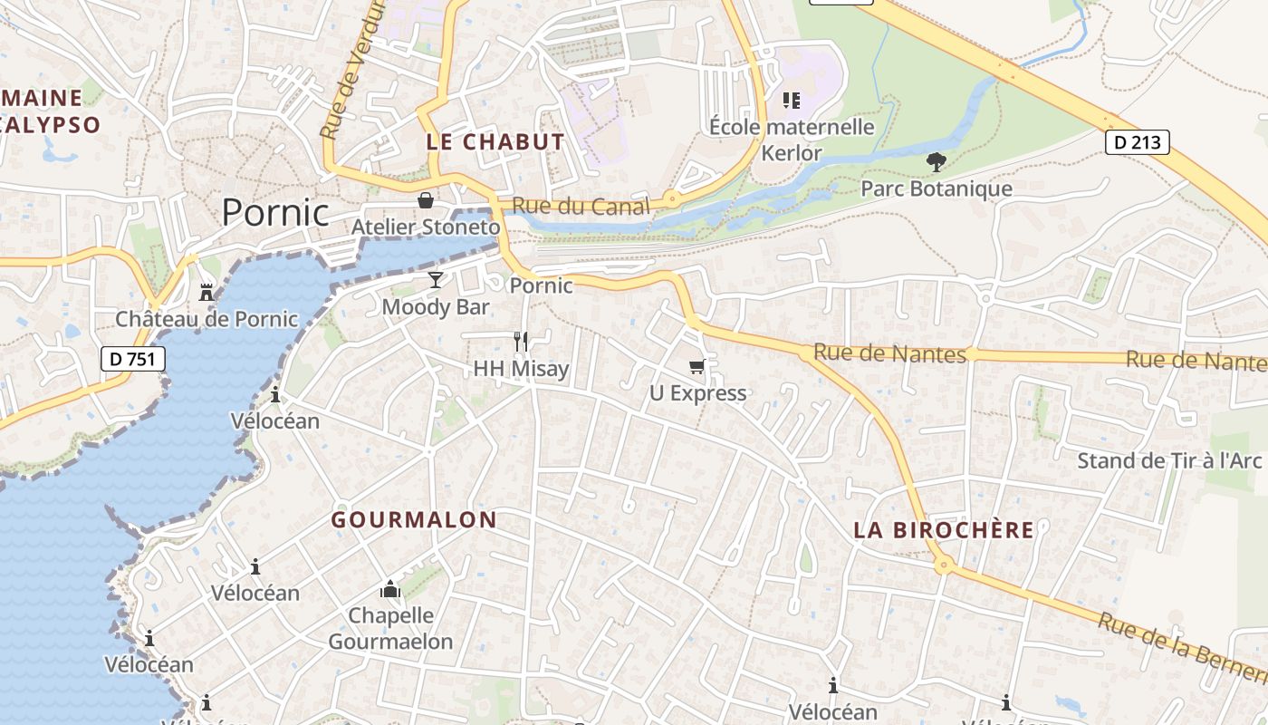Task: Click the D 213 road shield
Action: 1138,142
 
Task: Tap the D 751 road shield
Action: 132,359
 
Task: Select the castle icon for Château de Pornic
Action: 207,292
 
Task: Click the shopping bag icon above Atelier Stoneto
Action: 425,199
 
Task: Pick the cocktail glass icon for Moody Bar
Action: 436,280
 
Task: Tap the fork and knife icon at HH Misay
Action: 521,341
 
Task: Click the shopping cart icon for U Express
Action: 697,366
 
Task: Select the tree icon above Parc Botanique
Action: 937,162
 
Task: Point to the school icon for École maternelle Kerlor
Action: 792,100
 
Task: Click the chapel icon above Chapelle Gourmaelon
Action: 390,589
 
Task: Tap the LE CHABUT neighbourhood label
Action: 495,142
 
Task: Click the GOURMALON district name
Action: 414,520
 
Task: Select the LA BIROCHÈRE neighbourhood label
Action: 944,530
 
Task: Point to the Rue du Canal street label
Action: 581,207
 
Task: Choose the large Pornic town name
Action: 275,212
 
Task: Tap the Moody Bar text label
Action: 436,307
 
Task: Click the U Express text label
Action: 698,393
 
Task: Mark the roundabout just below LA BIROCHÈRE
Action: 944,565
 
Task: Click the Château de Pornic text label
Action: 207,319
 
